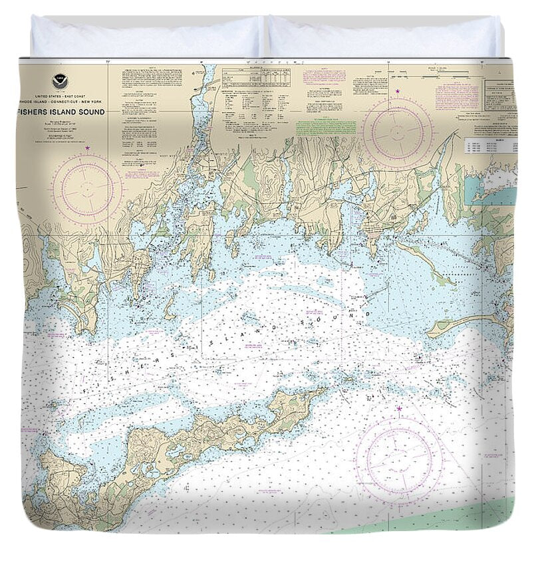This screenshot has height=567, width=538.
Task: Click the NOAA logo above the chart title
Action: click(x=60, y=82)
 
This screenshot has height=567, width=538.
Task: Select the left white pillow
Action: click(x=146, y=39)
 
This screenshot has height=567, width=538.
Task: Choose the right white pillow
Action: click(x=384, y=39)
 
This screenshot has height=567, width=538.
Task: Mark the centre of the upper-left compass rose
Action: click(x=87, y=189)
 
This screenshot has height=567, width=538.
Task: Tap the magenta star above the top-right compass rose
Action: click(x=398, y=91)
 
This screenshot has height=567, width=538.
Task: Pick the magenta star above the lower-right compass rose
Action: click(x=399, y=409)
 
